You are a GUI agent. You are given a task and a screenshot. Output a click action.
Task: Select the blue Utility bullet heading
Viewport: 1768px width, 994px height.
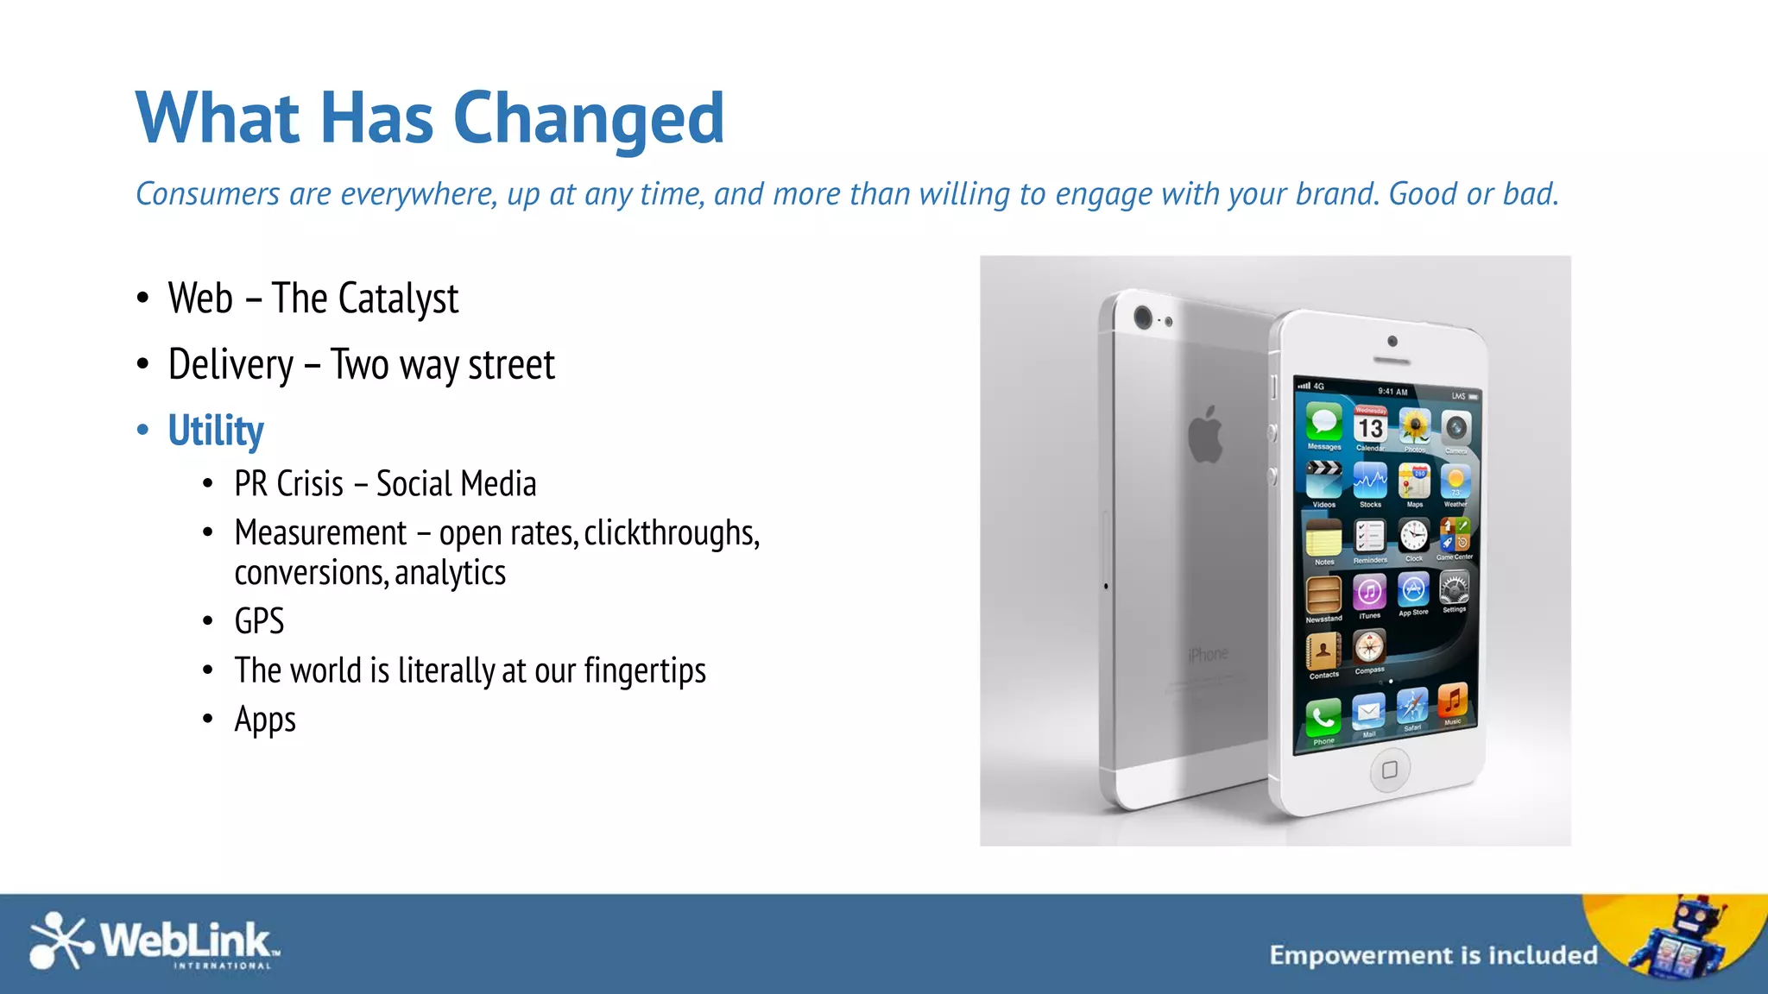pyautogui.click(x=216, y=431)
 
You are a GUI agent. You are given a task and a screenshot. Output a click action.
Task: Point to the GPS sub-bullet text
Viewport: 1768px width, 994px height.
pyautogui.click(x=259, y=621)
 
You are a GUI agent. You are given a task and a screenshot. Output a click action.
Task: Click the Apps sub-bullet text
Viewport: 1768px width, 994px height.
pyautogui.click(x=265, y=720)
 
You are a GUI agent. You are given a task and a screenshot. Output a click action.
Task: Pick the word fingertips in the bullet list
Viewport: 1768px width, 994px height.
pyautogui.click(x=645, y=670)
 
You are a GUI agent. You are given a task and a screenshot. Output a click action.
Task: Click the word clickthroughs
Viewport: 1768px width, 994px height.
pyautogui.click(x=671, y=533)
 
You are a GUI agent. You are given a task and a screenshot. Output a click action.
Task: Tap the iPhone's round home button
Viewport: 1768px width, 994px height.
pyautogui.click(x=1390, y=770)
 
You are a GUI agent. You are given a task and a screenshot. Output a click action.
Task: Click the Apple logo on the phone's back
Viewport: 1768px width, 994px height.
pyautogui.click(x=1206, y=434)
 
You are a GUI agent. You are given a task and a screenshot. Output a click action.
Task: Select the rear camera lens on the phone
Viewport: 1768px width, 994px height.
pyautogui.click(x=1143, y=318)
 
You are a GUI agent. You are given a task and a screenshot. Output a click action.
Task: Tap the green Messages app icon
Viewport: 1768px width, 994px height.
pyautogui.click(x=1323, y=423)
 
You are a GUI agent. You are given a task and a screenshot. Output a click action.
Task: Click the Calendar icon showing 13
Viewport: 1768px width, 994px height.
pyautogui.click(x=1370, y=426)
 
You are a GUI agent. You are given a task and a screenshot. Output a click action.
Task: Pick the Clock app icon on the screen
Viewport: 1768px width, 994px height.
pyautogui.click(x=1413, y=536)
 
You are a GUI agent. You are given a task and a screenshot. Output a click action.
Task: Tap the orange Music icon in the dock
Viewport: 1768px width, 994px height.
pyautogui.click(x=1453, y=701)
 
